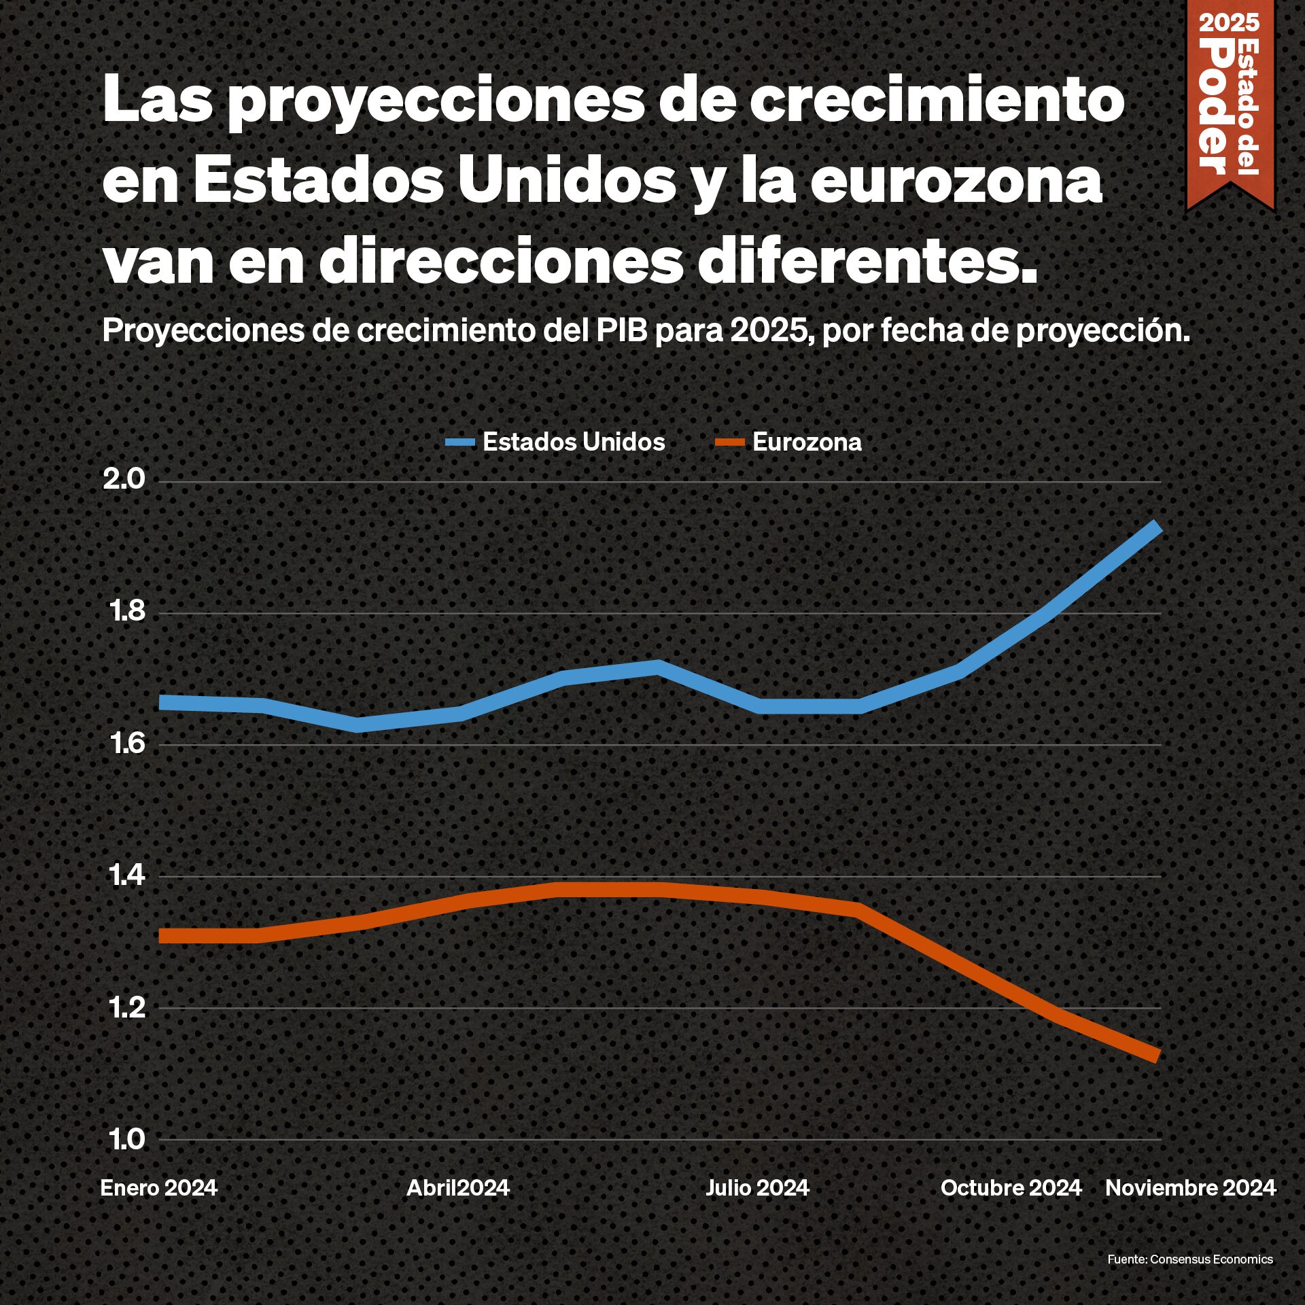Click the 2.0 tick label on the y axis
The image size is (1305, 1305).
coord(124,480)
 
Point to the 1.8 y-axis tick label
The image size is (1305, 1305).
coord(127,612)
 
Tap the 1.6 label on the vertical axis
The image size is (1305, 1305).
coord(127,744)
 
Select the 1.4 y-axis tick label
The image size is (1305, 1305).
coord(127,875)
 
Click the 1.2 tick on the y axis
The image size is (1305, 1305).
coord(127,1007)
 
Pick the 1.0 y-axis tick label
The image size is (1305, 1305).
coord(127,1139)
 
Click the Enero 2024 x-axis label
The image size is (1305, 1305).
coord(158,1187)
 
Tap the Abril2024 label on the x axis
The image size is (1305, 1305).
coord(457,1187)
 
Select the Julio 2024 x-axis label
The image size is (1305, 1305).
coord(757,1187)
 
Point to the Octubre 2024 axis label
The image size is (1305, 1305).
coord(1011,1187)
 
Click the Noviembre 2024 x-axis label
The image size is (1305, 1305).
coord(1191,1187)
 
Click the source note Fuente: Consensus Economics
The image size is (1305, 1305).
coord(1189,1259)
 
